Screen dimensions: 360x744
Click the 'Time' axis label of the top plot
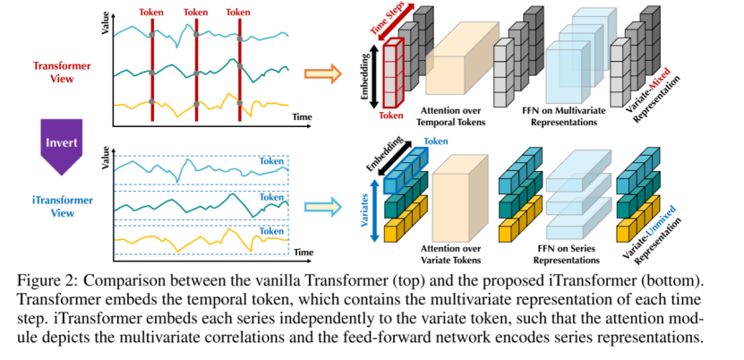[302, 117]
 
